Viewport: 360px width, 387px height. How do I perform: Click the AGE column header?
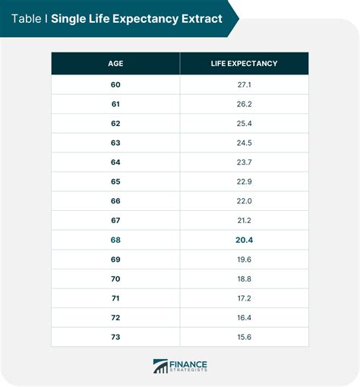click(x=115, y=64)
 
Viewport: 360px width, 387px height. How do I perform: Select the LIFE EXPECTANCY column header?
click(x=244, y=64)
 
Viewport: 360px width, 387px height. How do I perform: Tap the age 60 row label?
click(x=115, y=84)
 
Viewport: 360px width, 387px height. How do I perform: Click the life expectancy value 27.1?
click(x=244, y=84)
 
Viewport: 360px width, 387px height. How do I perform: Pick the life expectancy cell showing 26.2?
click(x=244, y=104)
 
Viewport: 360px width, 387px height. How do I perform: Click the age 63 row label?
click(x=115, y=143)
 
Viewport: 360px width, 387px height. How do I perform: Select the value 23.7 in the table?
click(x=244, y=162)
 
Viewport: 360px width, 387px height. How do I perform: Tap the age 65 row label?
click(x=115, y=182)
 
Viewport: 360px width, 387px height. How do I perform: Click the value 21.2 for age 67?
click(x=244, y=221)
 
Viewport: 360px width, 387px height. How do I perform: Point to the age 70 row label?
click(x=115, y=279)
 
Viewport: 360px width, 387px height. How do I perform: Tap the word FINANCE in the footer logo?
click(x=191, y=362)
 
